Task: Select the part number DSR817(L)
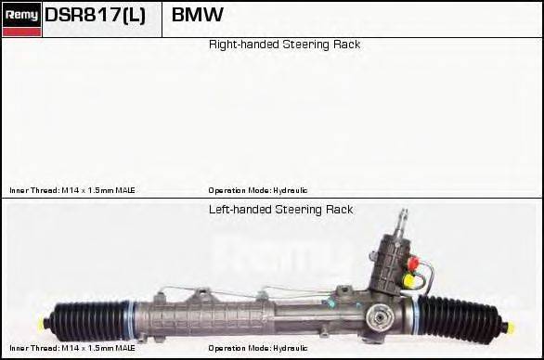click(x=95, y=16)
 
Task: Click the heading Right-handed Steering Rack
click(x=284, y=45)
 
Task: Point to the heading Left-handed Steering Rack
click(x=280, y=210)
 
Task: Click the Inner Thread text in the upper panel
click(x=72, y=189)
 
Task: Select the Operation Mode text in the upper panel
click(x=258, y=189)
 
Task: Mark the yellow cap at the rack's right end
click(x=508, y=327)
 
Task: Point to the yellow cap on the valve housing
click(x=408, y=277)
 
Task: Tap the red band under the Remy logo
click(x=21, y=32)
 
